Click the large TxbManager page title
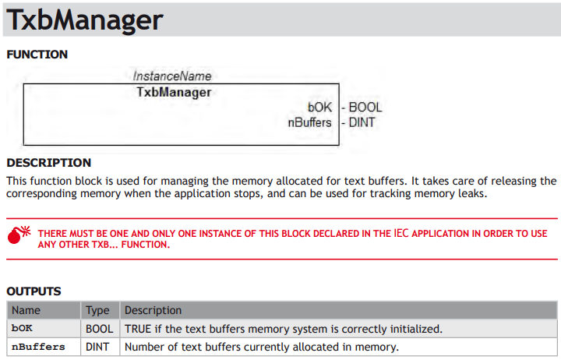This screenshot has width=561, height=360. (x=85, y=20)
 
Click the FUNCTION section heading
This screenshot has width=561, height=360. (x=37, y=55)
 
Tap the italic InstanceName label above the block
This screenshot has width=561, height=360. (x=172, y=76)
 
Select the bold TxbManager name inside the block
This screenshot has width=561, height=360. (x=174, y=92)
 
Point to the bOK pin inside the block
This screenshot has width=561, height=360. (x=320, y=107)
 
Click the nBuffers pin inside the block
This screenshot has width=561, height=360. (x=310, y=122)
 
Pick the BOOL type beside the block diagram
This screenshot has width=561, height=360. (x=365, y=107)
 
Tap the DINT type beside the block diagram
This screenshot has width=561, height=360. (x=362, y=122)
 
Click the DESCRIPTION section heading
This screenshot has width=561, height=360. (x=48, y=163)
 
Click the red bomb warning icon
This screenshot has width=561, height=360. (x=19, y=235)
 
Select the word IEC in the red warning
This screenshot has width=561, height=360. (x=401, y=233)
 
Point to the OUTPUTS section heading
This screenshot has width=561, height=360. (x=34, y=291)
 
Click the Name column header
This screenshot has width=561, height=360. (x=26, y=310)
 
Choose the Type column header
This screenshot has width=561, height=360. (x=97, y=310)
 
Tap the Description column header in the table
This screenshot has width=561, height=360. (x=153, y=310)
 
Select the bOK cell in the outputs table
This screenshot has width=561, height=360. (x=22, y=328)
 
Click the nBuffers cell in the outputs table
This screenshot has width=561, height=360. (x=38, y=347)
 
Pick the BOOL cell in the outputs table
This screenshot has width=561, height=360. (x=100, y=329)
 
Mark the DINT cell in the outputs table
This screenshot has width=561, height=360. (x=97, y=347)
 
